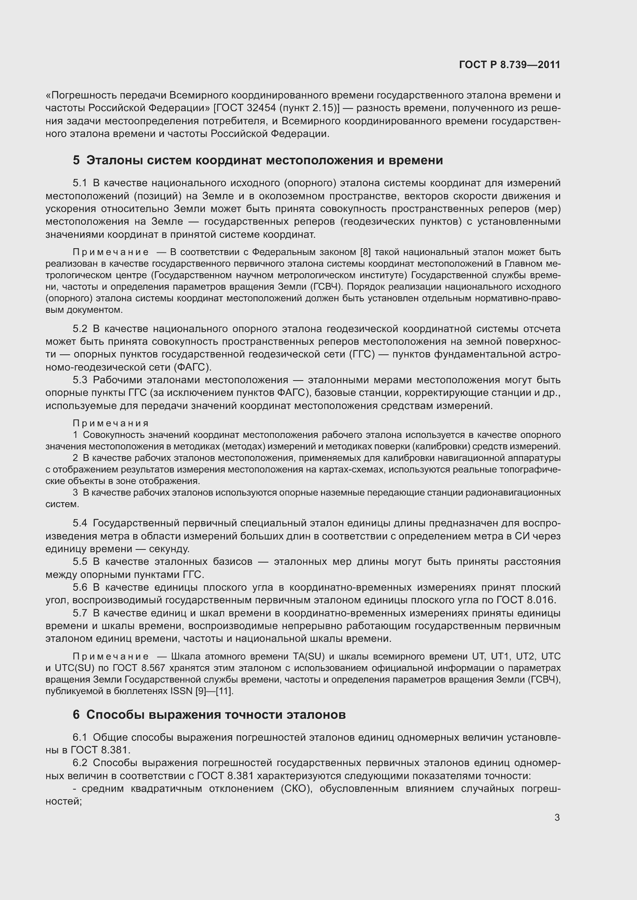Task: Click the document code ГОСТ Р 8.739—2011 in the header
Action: click(509, 65)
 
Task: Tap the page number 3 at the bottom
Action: click(557, 818)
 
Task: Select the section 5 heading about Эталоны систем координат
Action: click(258, 160)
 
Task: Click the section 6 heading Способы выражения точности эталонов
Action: click(209, 715)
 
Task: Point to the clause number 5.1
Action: click(80, 183)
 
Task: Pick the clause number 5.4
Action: click(80, 523)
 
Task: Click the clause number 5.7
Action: click(80, 613)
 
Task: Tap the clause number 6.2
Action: click(80, 763)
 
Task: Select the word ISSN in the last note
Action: click(182, 691)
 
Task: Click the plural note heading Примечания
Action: click(111, 423)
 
